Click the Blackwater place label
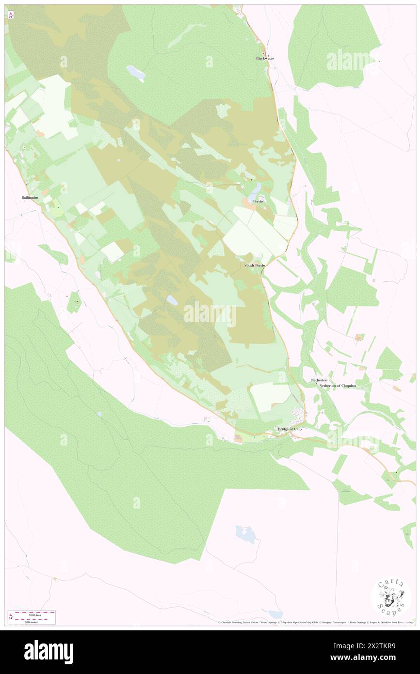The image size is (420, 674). coord(265,59)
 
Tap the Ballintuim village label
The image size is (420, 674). coord(30,198)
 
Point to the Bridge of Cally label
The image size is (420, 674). coord(290,429)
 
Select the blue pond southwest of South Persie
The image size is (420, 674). coord(172,300)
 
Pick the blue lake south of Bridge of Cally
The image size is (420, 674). coord(245,534)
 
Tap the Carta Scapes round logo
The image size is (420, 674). coord(391,598)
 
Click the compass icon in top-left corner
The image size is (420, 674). coord(11,15)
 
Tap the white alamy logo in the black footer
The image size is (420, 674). coord(48,652)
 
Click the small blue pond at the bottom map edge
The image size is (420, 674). coord(275,615)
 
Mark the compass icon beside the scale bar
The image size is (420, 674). coord(11,617)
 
